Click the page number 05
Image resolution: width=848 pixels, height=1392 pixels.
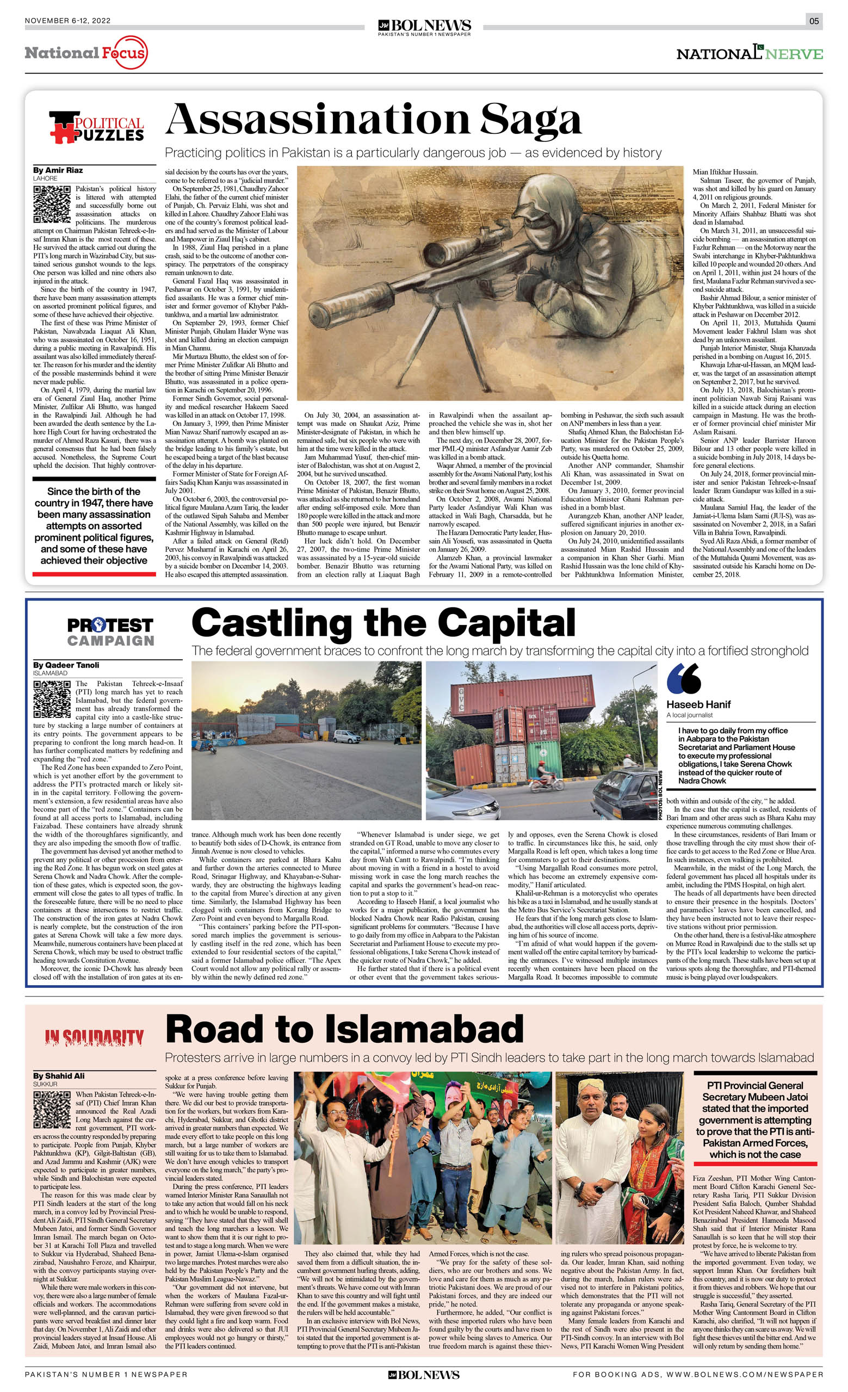[814, 21]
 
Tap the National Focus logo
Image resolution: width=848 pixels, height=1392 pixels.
[86, 53]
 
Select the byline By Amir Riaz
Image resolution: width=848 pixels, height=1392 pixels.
[58, 170]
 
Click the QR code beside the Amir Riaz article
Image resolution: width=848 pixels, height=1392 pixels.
[52, 203]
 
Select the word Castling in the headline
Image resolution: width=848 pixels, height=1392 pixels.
[272, 623]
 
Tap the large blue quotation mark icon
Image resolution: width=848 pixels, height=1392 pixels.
[684, 678]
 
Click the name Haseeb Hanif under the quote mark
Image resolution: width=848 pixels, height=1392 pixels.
[698, 704]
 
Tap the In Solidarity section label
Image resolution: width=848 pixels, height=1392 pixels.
[94, 1037]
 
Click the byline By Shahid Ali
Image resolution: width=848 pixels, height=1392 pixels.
[59, 1075]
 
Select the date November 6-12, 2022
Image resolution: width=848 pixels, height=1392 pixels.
[68, 21]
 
